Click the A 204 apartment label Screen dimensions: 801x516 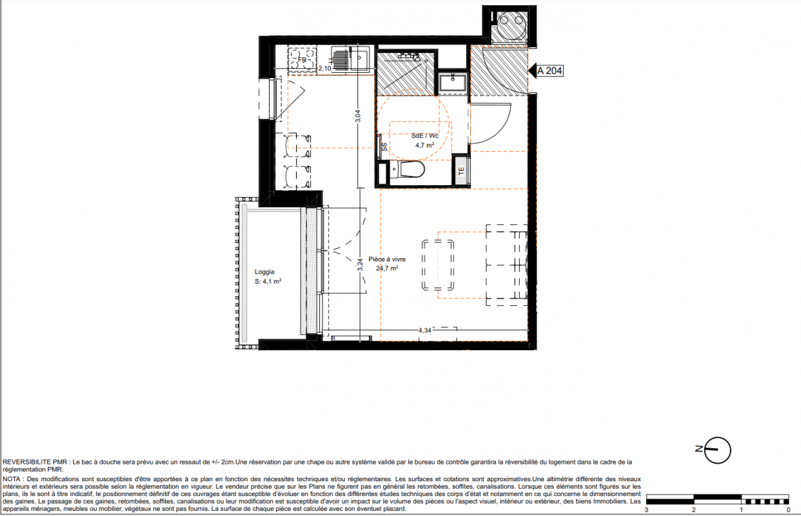(549, 71)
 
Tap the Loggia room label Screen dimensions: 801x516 (264, 272)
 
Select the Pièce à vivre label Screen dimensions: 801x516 (387, 259)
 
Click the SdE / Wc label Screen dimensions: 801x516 (424, 136)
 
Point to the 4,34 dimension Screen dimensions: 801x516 (425, 330)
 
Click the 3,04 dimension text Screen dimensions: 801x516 (358, 116)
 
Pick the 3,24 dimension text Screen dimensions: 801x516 (360, 264)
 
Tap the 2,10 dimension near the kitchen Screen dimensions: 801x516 (324, 68)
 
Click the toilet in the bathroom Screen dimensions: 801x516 (408, 169)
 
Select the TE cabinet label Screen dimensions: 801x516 (461, 172)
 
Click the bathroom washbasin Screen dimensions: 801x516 (453, 83)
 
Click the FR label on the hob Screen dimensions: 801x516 (302, 60)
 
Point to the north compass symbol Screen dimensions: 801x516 (715, 450)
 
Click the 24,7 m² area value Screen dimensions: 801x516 (387, 268)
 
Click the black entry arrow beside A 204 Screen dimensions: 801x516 (532, 70)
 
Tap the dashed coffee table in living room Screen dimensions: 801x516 (438, 265)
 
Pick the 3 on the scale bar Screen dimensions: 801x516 (646, 510)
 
